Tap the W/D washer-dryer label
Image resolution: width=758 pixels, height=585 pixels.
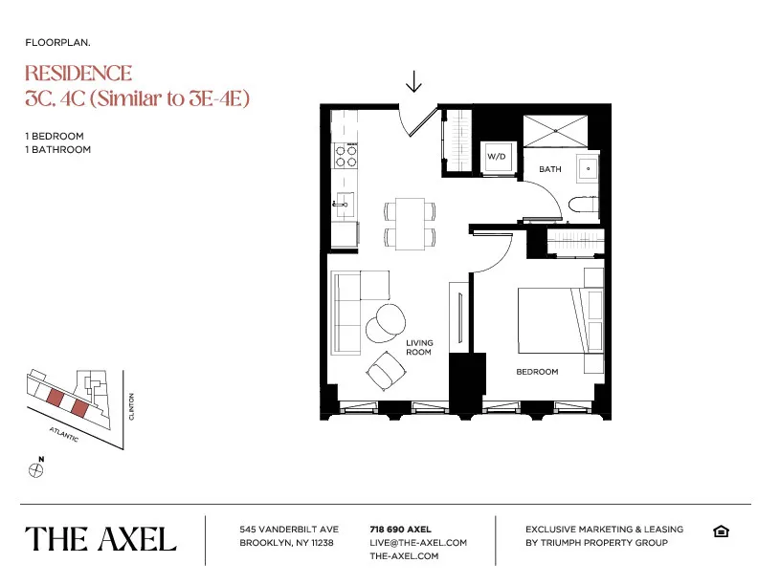(496, 156)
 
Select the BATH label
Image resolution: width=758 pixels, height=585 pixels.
(550, 169)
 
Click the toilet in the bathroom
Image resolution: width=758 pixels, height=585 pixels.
(581, 205)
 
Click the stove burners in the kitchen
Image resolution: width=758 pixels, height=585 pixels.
(346, 156)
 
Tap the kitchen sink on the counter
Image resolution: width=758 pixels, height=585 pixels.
(343, 204)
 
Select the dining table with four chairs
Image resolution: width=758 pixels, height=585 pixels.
(410, 224)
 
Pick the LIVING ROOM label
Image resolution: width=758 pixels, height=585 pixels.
(419, 347)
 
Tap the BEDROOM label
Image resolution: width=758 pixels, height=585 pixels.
(537, 372)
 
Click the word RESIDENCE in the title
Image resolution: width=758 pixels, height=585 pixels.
(78, 74)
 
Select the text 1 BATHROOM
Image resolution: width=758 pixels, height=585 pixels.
(58, 149)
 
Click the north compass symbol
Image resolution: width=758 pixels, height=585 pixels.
(37, 469)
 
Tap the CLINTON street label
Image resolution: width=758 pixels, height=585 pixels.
(133, 408)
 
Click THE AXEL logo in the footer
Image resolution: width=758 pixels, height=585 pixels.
(100, 539)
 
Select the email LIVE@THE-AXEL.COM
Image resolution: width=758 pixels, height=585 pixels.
(418, 542)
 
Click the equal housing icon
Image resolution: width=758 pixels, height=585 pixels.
(721, 531)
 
